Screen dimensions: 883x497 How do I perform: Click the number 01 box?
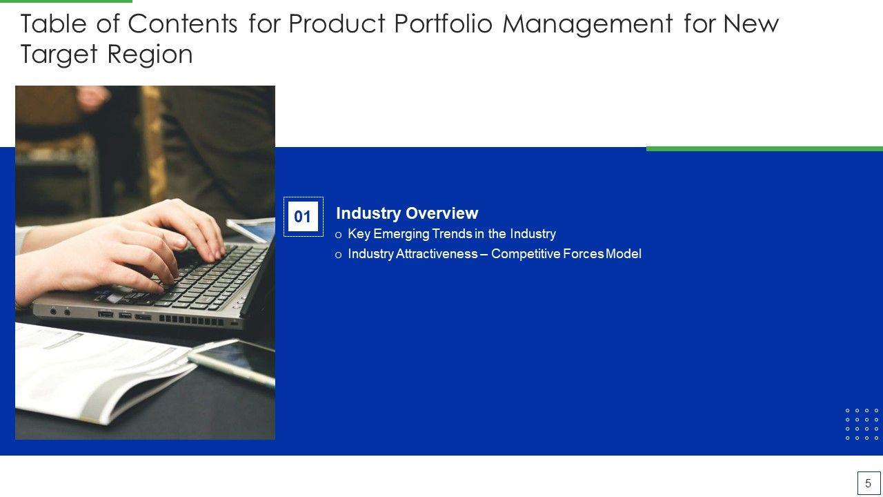[303, 217]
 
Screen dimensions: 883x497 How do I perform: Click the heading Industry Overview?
[407, 213]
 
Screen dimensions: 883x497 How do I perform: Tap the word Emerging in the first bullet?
[401, 234]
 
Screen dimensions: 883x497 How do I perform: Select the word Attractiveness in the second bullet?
[437, 253]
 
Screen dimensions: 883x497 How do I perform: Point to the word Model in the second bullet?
[623, 253]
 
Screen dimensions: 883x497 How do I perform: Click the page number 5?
[868, 483]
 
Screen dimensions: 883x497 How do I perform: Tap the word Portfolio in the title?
[443, 23]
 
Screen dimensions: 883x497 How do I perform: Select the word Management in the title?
[588, 24]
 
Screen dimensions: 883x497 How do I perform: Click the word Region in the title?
[150, 55]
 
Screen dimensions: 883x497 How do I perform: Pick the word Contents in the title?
[183, 23]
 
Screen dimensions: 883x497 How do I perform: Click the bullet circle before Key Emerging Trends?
[338, 235]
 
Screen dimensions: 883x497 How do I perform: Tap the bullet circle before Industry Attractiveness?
[338, 255]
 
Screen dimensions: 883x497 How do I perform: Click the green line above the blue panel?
[764, 148]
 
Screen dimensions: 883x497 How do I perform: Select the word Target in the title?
[59, 55]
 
